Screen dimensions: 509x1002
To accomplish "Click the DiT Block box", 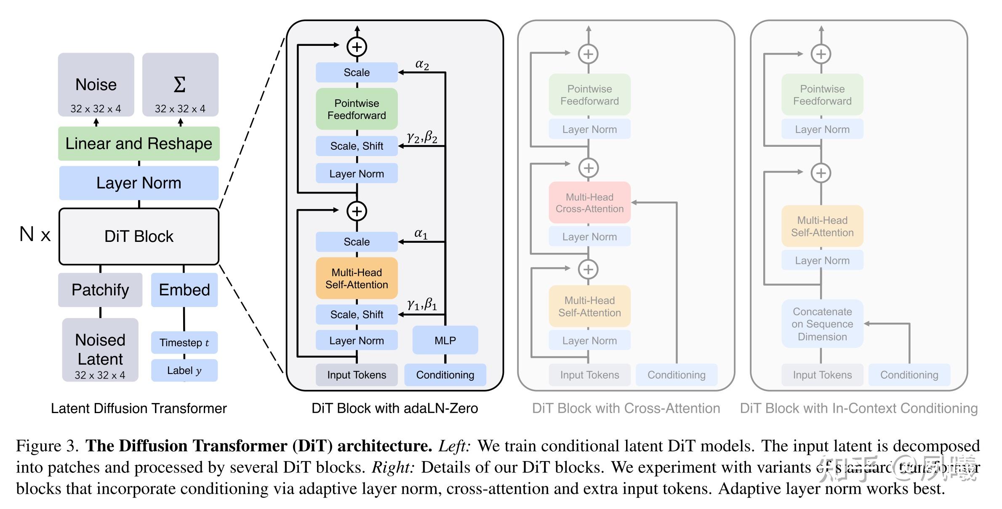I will (x=139, y=236).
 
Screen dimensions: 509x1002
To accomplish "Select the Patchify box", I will (x=100, y=290).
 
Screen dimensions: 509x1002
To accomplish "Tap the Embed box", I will (x=184, y=290).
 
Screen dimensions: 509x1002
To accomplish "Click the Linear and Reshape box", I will (x=139, y=143).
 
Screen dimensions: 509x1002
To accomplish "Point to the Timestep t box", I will (x=184, y=342).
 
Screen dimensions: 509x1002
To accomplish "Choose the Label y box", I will (x=184, y=370).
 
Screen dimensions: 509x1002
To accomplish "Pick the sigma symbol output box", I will (x=180, y=85).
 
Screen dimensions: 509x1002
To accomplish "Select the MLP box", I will (x=445, y=340).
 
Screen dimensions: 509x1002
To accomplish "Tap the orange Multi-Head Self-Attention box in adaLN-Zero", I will (x=357, y=278).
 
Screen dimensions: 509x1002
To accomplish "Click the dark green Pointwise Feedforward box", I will (x=357, y=109).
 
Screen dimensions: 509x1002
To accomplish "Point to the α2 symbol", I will (x=422, y=64).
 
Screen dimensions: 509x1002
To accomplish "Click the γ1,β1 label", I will (x=422, y=304).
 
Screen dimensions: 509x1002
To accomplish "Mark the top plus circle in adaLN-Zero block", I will (x=357, y=47).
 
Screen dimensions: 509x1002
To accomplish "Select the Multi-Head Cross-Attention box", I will (x=589, y=203).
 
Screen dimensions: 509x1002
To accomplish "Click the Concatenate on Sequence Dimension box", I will (x=822, y=324).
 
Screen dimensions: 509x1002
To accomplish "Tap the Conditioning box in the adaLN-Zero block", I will (x=445, y=375).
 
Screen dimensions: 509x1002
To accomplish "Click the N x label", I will (x=35, y=234).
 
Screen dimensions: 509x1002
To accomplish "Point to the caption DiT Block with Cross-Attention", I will (x=626, y=408).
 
